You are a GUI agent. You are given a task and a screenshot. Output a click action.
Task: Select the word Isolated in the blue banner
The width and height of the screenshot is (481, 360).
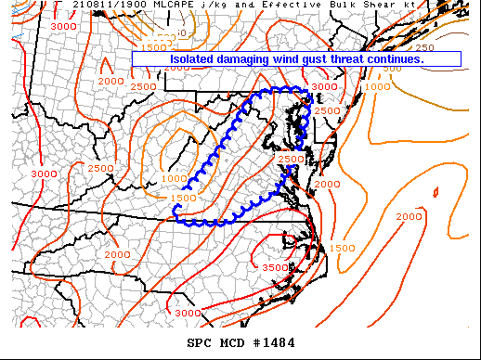[192, 58]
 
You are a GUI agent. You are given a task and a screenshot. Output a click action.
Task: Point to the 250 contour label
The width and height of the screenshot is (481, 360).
[424, 47]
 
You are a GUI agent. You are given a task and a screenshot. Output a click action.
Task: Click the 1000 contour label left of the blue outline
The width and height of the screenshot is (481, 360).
[174, 179]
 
